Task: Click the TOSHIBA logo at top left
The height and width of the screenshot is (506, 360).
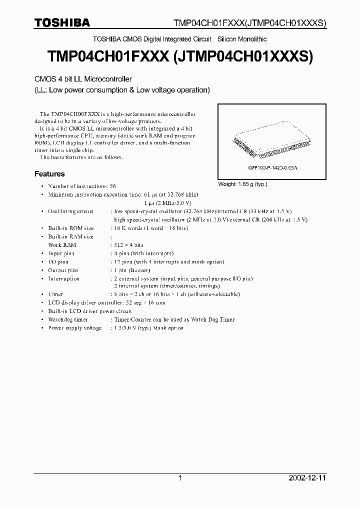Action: coord(62,22)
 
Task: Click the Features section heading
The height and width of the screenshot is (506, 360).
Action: coord(49,174)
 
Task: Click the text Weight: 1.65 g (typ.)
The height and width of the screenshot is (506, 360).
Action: coord(243,184)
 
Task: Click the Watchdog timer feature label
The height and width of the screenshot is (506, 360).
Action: coord(68,319)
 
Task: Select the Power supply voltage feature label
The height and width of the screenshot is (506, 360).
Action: coord(74,328)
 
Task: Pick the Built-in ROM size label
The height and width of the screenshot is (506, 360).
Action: coord(71,228)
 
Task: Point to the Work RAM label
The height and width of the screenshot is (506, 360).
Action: coord(62,245)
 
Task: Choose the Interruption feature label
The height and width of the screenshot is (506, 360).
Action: coord(63,278)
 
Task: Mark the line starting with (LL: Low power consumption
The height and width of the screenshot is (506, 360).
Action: coord(121,90)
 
